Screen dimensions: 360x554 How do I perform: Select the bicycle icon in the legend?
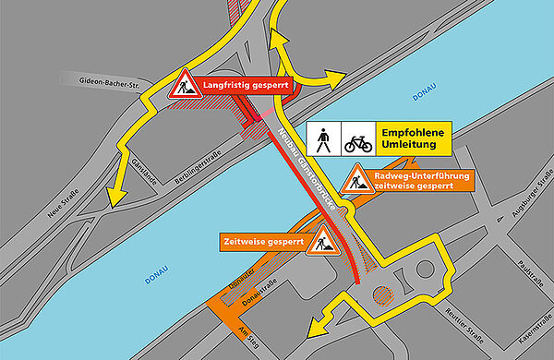coord(357,139)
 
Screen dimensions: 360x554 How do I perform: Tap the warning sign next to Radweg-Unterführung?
coord(355,180)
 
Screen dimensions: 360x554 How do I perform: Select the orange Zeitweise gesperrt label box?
coord(263,242)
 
